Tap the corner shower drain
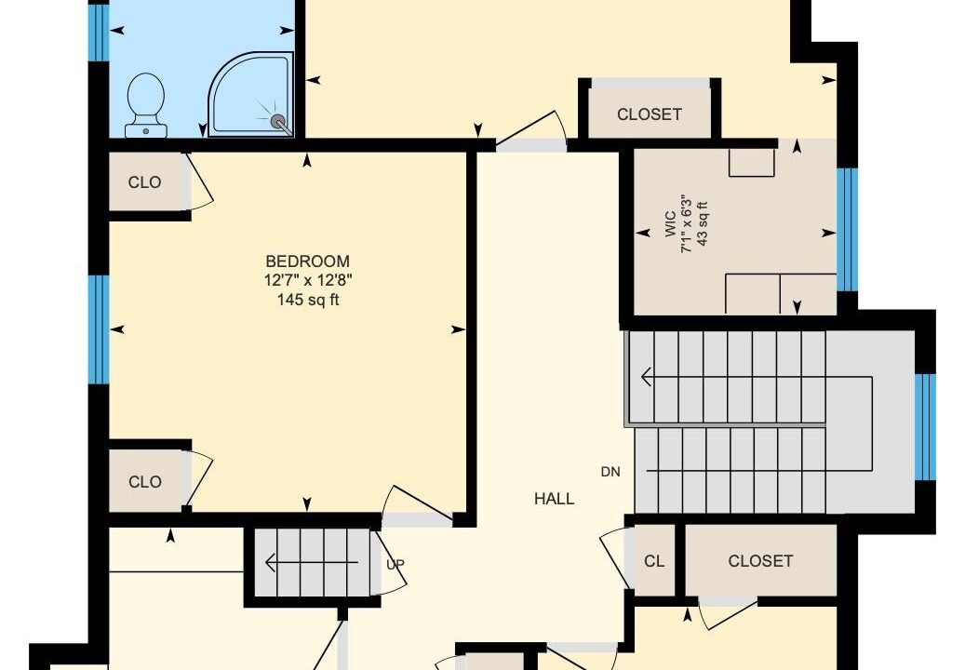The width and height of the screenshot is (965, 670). pos(277,121)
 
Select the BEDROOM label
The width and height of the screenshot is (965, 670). pos(308,261)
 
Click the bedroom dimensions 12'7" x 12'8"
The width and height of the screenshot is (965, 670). pos(308,280)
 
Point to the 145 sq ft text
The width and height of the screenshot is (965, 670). pos(308,300)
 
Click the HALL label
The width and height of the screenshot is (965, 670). pos(554,499)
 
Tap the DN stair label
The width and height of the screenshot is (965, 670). pos(610,472)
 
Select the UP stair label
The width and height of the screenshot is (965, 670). pos(395,564)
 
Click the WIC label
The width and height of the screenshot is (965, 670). pos(670,224)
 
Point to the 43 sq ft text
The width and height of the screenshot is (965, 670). pos(703,224)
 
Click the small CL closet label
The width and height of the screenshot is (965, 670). pos(654,561)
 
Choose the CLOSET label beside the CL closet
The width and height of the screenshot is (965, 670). pos(760,561)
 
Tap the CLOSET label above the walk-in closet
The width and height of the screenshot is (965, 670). pos(650,114)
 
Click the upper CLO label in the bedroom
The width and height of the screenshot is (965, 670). pos(144,182)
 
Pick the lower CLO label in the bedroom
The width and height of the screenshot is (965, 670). pos(144,482)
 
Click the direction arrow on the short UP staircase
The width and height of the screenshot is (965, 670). pos(312,562)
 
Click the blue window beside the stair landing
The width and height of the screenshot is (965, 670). pos(925,426)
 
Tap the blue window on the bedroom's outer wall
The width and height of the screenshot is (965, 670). pos(99,329)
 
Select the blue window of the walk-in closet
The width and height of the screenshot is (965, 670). pos(847,230)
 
